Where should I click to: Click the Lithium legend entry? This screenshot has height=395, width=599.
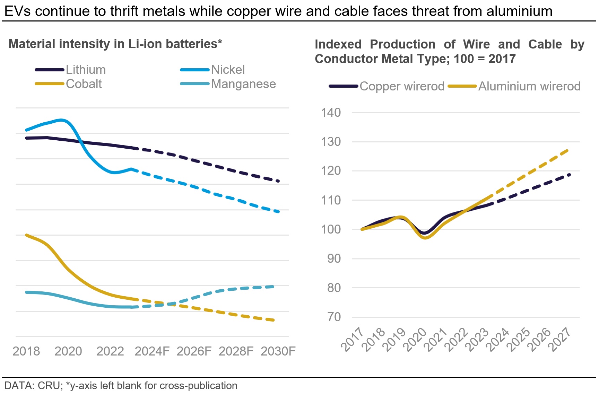[86, 70]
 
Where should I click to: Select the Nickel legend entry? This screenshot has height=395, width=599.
[228, 70]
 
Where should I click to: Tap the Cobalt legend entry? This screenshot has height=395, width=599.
[84, 84]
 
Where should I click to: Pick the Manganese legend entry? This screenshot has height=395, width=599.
[243, 84]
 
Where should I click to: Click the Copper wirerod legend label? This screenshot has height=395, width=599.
[402, 86]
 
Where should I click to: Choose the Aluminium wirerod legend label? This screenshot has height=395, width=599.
[529, 86]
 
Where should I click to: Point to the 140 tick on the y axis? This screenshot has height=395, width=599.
[331, 113]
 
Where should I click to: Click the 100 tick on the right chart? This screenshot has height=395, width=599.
[331, 229]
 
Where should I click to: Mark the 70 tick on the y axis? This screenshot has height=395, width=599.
[334, 317]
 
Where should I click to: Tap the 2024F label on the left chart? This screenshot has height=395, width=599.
[152, 351]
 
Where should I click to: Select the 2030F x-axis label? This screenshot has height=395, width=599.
[278, 351]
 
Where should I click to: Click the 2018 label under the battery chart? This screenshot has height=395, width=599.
[26, 351]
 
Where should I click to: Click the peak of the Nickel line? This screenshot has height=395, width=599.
[61, 120]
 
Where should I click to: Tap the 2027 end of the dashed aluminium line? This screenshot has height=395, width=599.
[568, 150]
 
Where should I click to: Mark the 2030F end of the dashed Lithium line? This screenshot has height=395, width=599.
[278, 181]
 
